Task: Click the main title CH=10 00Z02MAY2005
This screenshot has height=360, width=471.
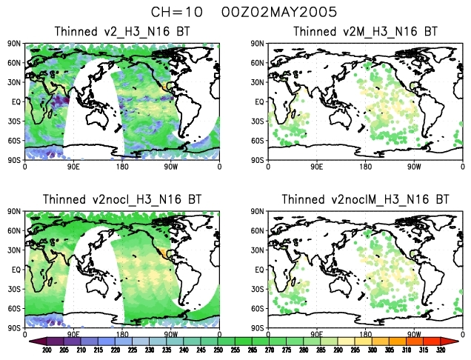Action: point(235,13)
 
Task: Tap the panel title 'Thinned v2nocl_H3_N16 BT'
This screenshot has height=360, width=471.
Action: point(122,199)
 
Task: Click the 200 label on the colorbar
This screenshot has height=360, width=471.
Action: point(46,350)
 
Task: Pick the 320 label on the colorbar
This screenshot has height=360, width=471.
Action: point(440,350)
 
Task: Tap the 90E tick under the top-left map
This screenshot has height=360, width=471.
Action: point(74,167)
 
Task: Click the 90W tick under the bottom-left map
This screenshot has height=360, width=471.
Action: point(171,335)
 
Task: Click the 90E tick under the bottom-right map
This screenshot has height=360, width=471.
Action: point(316,335)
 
